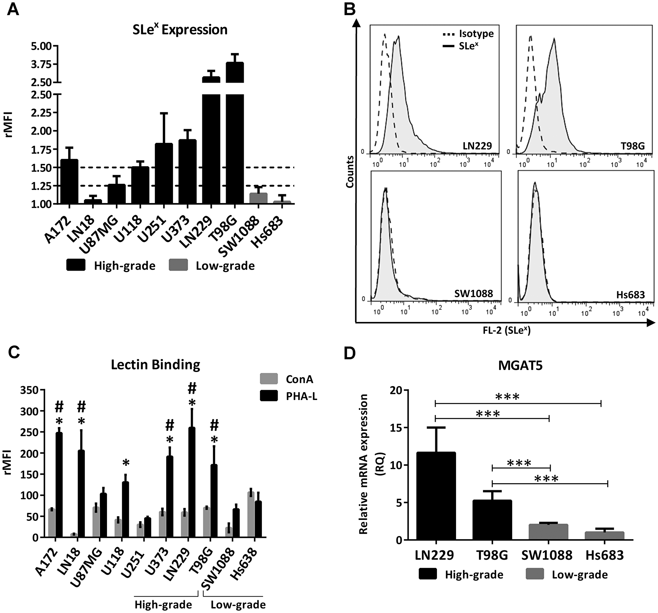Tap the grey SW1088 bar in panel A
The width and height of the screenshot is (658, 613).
(x=258, y=199)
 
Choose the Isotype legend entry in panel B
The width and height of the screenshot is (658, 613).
(x=468, y=34)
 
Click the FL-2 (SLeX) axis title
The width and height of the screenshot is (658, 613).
(x=506, y=330)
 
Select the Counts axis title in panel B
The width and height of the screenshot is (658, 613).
(x=350, y=172)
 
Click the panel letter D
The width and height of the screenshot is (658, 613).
(x=349, y=354)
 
